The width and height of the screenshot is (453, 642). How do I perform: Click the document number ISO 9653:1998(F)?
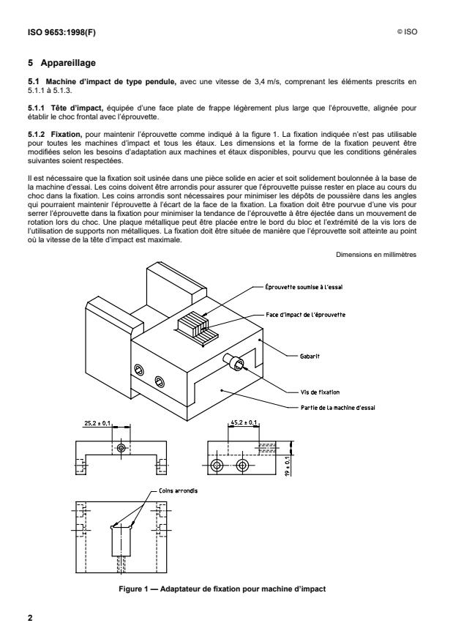pyautogui.click(x=61, y=32)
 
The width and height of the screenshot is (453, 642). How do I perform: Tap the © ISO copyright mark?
pyautogui.click(x=407, y=31)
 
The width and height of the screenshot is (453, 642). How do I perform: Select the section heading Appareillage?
pyautogui.click(x=68, y=63)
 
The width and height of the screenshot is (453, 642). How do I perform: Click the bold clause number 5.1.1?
pyautogui.click(x=36, y=108)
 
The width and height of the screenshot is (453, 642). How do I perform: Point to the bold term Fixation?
pyautogui.click(x=67, y=134)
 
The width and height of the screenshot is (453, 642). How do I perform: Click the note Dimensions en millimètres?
pyautogui.click(x=376, y=255)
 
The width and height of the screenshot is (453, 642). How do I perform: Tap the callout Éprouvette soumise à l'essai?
pyautogui.click(x=304, y=287)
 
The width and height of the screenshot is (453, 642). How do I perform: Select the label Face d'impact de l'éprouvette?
pyautogui.click(x=305, y=315)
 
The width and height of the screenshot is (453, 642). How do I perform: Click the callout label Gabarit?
pyautogui.click(x=310, y=357)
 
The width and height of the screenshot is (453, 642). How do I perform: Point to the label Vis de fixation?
pyautogui.click(x=320, y=392)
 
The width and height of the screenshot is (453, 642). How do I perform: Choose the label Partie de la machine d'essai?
pyautogui.click(x=337, y=408)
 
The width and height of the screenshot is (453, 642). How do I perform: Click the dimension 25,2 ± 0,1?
pyautogui.click(x=97, y=423)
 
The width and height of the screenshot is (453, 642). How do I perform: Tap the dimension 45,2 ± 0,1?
pyautogui.click(x=244, y=422)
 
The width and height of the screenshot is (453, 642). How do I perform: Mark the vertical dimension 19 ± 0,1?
pyautogui.click(x=288, y=466)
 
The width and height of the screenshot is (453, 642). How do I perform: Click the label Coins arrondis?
pyautogui.click(x=178, y=490)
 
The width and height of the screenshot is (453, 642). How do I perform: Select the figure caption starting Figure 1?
pyautogui.click(x=222, y=589)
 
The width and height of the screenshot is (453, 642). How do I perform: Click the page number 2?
pyautogui.click(x=30, y=619)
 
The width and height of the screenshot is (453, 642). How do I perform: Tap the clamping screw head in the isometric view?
pyautogui.click(x=235, y=362)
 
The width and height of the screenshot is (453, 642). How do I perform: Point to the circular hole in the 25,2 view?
pyautogui.click(x=121, y=447)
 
